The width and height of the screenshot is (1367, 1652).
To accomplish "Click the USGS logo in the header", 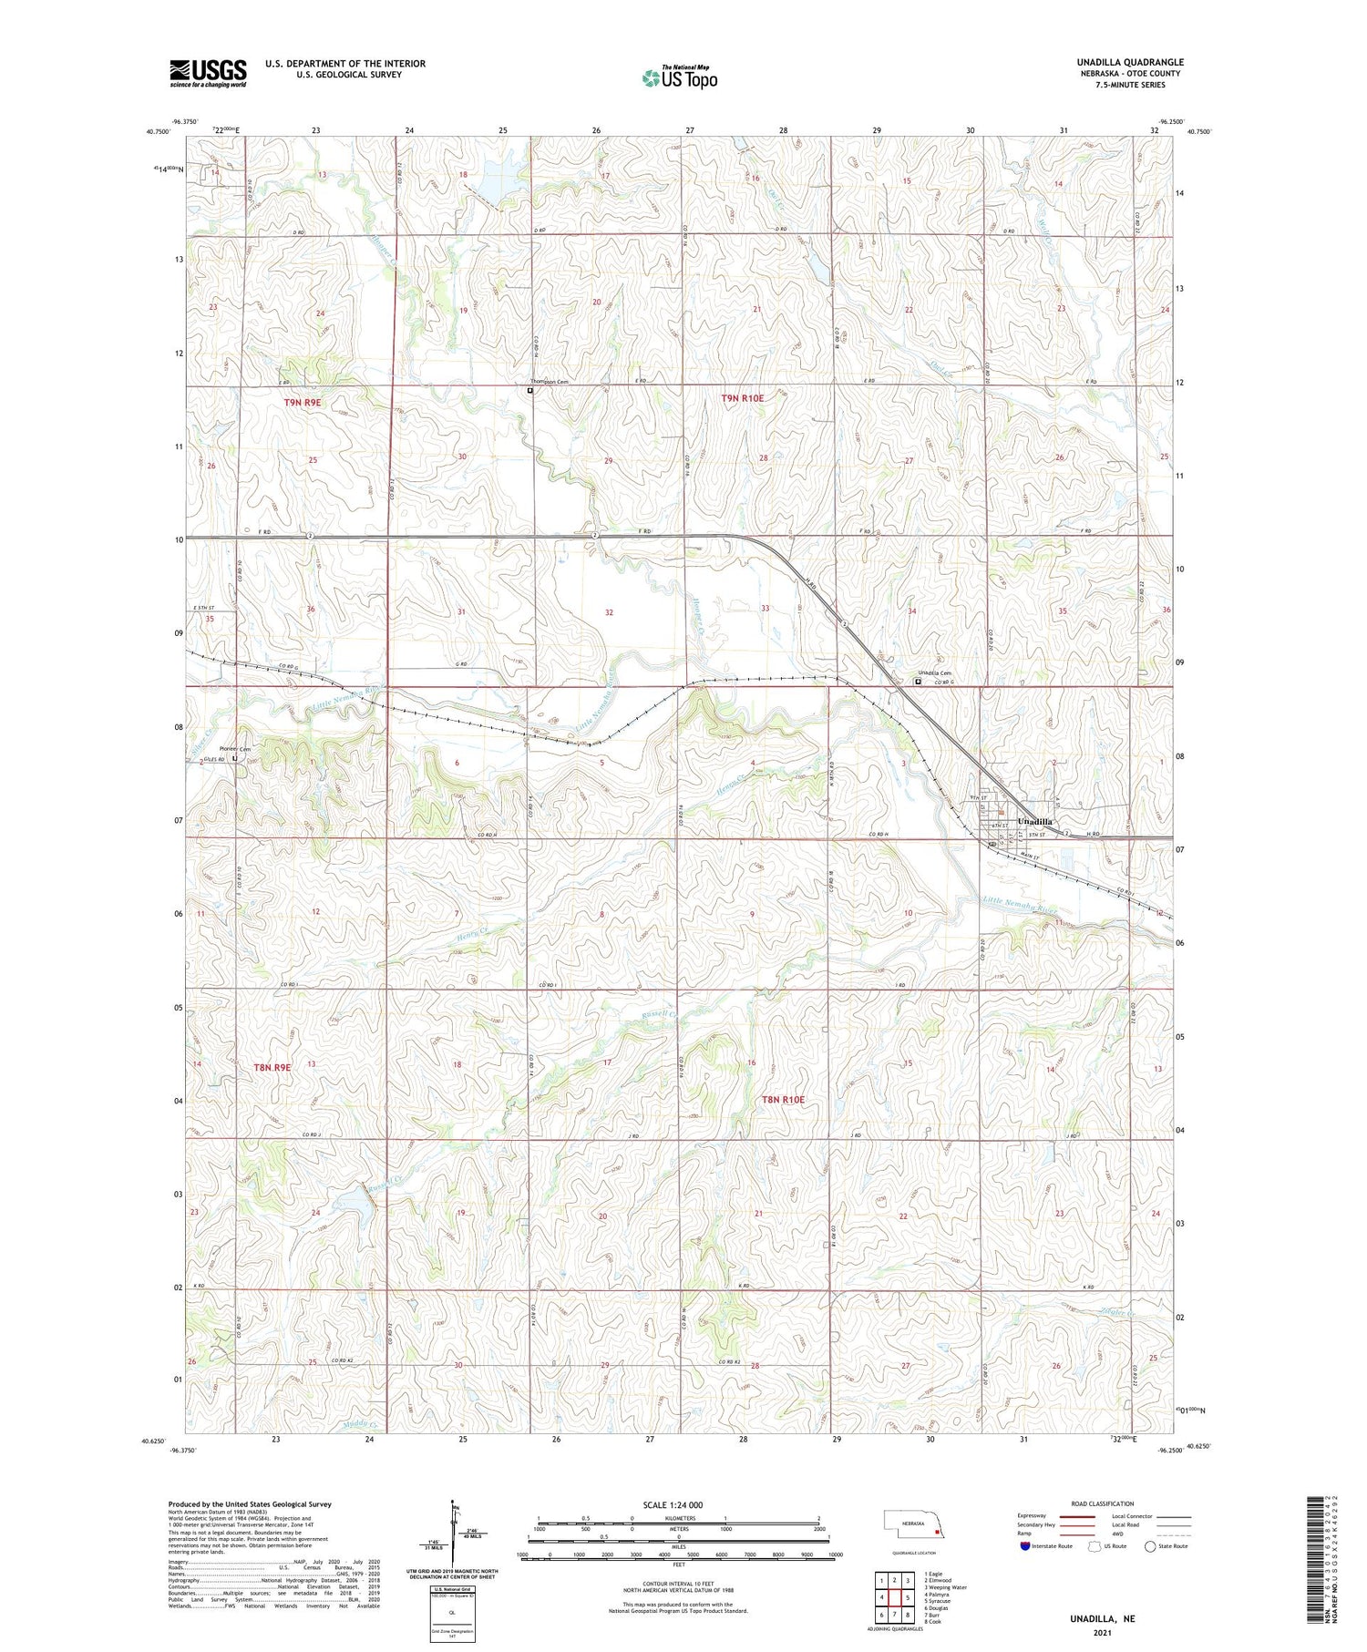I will pyautogui.click(x=208, y=73).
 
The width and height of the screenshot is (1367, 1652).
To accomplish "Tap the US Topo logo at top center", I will pyautogui.click(x=680, y=78).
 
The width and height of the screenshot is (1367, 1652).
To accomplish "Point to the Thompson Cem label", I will pyautogui.click(x=550, y=382).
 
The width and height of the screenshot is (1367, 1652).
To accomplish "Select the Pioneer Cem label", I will pyautogui.click(x=234, y=749).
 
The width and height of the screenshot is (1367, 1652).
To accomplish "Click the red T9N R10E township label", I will pyautogui.click(x=743, y=398).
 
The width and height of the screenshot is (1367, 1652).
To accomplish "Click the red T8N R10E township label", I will pyautogui.click(x=783, y=1100).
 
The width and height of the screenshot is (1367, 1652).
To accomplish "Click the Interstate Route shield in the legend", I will pyautogui.click(x=1024, y=1546).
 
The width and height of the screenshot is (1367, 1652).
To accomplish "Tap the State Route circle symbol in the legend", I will pyautogui.click(x=1150, y=1546).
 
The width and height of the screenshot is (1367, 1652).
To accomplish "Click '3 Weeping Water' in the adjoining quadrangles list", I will pyautogui.click(x=945, y=1587).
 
